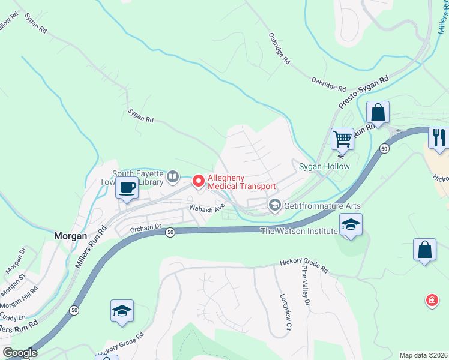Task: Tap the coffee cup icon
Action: point(127,188)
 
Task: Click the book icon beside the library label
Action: point(173,176)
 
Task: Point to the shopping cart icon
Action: point(342,139)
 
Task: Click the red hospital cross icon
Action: point(431,300)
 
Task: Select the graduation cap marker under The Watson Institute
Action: point(351,225)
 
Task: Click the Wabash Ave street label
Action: point(207,208)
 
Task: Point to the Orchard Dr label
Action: point(146,227)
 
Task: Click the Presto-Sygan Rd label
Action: point(364,92)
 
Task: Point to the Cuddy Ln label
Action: point(13,316)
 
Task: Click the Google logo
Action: point(19,353)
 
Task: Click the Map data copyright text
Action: point(424,355)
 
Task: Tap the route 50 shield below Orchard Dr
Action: point(170,232)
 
